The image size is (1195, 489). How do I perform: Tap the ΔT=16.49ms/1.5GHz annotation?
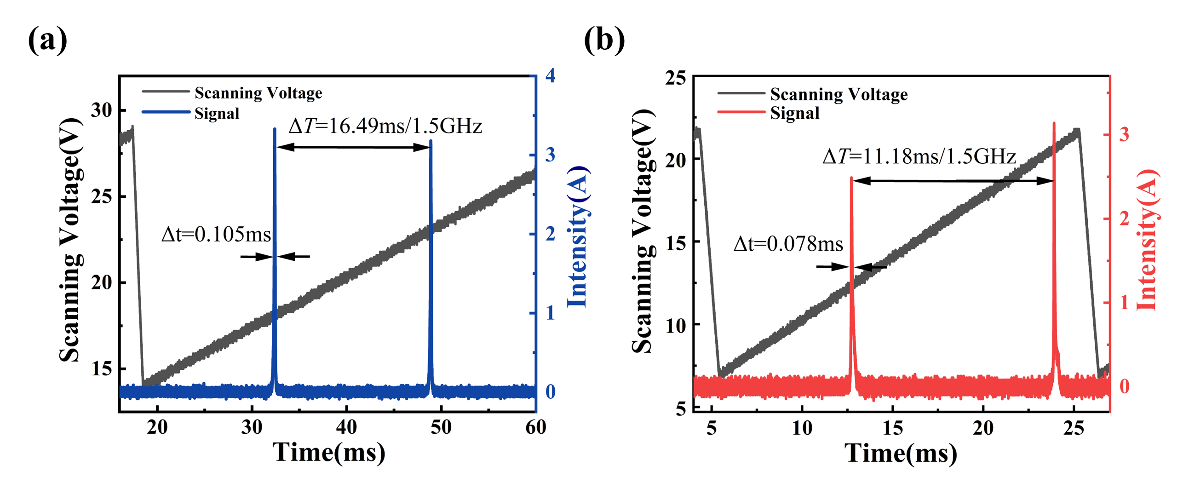pos(385,126)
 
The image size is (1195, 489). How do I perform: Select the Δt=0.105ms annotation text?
pos(216,235)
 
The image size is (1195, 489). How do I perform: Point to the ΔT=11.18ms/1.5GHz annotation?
pos(919,157)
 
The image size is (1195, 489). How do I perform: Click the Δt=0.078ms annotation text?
pos(788,244)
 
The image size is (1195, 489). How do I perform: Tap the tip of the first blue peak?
pos(275,129)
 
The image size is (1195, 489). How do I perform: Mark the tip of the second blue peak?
pos(431,141)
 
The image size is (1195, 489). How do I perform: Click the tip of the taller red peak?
pos(1054,123)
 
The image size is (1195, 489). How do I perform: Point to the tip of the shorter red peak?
pos(851,178)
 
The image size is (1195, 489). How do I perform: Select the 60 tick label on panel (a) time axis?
pos(535,427)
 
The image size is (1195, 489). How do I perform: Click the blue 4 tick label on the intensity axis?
pos(550,75)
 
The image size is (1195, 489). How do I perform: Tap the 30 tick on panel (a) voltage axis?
pos(102,110)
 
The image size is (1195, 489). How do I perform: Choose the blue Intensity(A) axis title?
pos(578,236)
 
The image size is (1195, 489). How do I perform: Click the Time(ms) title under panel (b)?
pos(901,453)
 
